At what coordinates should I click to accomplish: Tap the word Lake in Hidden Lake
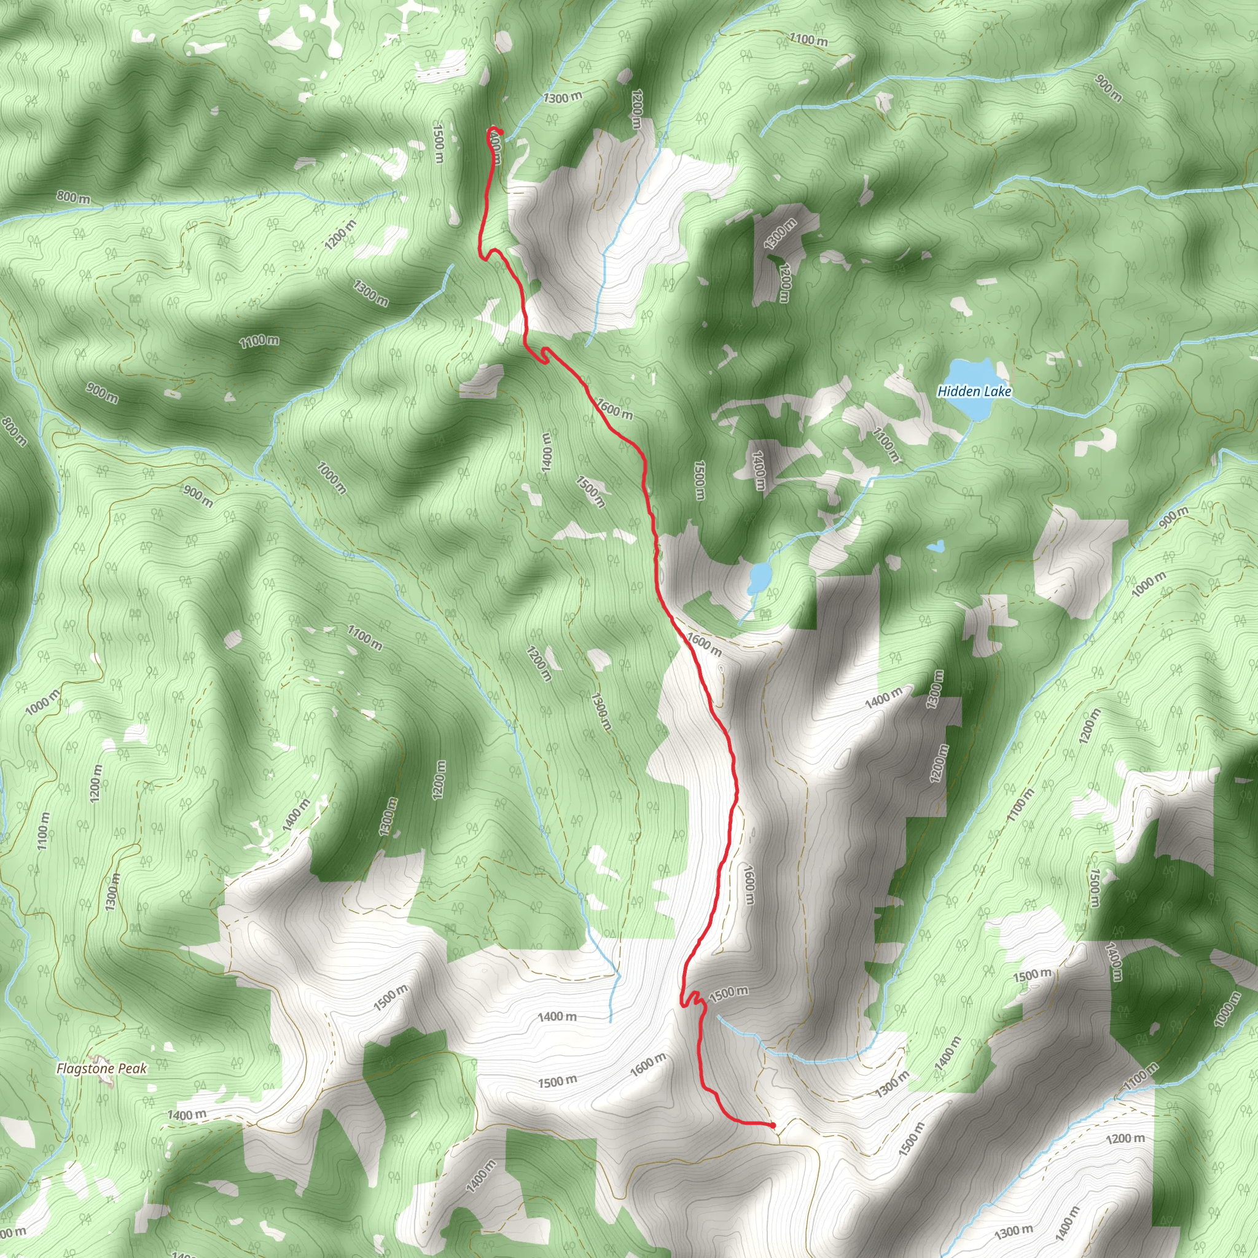[x=998, y=391]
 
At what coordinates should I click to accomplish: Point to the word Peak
[x=132, y=1069]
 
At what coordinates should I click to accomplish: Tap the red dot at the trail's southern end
[x=772, y=1125]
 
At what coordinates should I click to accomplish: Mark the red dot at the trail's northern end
[x=500, y=132]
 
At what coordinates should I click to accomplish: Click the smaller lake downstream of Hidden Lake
[x=759, y=577]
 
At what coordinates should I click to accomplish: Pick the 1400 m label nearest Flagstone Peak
[x=187, y=1115]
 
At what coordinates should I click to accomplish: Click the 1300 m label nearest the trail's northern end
[x=563, y=98]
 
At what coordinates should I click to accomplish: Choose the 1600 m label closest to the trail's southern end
[x=649, y=1064]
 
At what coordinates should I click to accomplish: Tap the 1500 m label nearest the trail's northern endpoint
[x=438, y=144]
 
